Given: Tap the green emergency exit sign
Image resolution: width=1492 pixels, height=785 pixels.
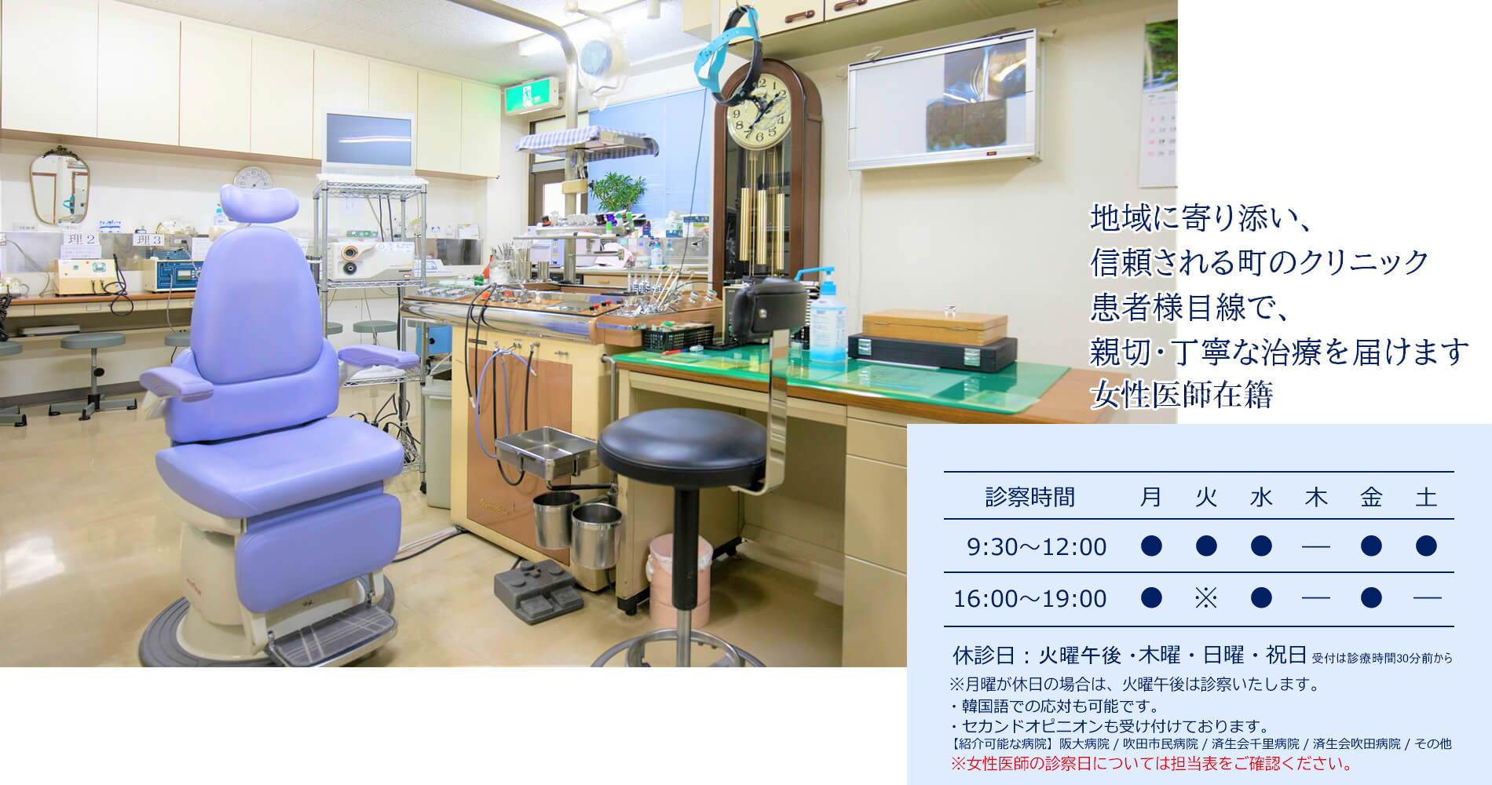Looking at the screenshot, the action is coord(532,97).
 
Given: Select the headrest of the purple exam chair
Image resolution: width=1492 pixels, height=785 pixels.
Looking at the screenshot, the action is coord(259,204).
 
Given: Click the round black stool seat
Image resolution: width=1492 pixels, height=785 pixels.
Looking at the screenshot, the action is coord(682,446).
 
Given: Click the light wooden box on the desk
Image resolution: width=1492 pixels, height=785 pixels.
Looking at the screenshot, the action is coord(934,326).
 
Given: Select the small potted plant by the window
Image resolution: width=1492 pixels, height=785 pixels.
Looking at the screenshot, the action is coord(617,193).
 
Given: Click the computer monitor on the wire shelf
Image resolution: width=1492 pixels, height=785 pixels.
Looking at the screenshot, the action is coord(368,142).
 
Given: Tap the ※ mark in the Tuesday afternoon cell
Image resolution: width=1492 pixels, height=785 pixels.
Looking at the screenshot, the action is coord(1205,598).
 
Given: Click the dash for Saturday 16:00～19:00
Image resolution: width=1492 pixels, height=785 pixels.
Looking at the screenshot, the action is coord(1426,598).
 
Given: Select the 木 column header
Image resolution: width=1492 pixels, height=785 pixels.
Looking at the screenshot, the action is coord(1316,497).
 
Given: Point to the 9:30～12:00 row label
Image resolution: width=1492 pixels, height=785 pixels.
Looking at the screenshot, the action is coord(1037,546).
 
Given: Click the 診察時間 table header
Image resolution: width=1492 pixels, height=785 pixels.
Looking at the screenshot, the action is coord(1029,497).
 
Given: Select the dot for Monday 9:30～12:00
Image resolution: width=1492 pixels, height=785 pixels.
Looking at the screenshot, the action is coord(1151,546).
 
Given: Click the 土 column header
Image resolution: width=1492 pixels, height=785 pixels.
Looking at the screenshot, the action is coord(1426,497).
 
